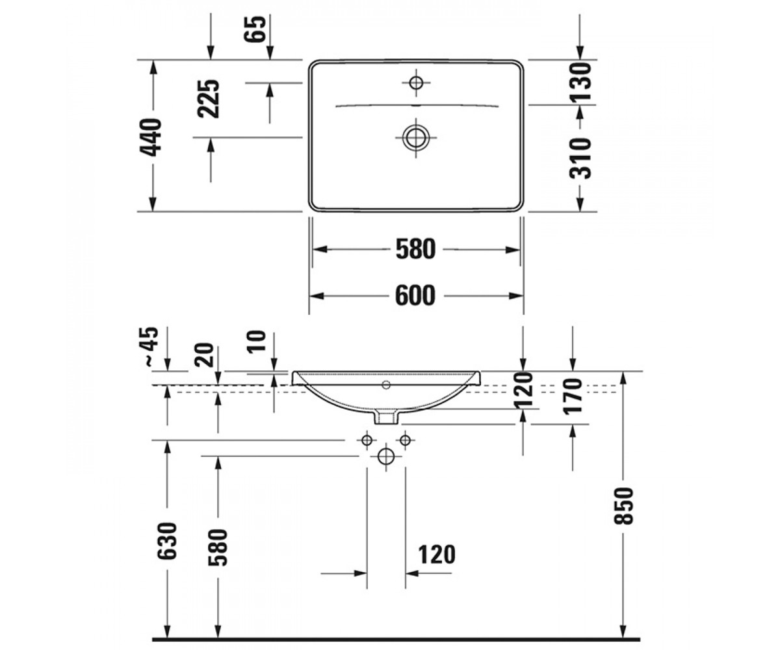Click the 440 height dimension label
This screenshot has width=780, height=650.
(150, 136)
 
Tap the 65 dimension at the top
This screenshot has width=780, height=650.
(255, 29)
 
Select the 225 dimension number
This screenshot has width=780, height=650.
(209, 99)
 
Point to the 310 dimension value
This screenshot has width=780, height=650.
(580, 158)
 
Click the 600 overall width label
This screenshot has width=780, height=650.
(415, 296)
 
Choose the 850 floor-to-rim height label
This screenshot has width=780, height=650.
(623, 506)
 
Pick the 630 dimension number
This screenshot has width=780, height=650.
(166, 541)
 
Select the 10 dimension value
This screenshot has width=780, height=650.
(256, 341)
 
